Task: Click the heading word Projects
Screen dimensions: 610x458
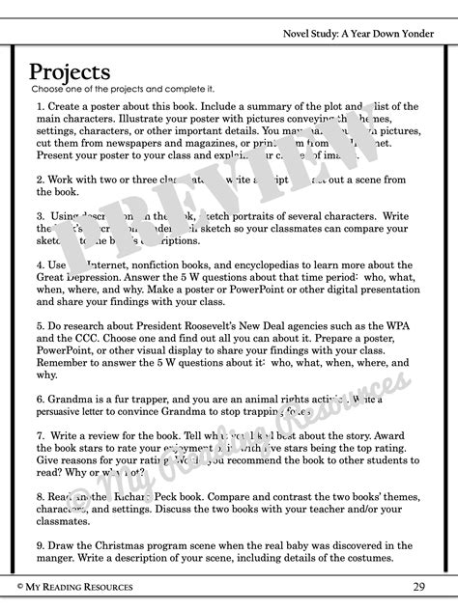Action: point(70,72)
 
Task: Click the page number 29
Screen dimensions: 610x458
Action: point(418,586)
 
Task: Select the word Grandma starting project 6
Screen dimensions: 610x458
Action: point(72,397)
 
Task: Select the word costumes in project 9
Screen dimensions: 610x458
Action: point(396,559)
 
